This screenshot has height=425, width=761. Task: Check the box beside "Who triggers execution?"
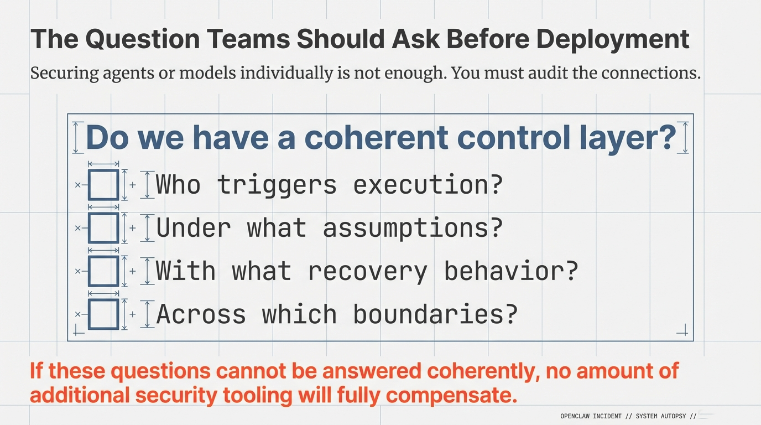tap(103, 185)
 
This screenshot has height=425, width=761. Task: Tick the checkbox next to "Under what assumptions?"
tap(103, 227)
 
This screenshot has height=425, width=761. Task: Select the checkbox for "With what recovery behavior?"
tap(103, 271)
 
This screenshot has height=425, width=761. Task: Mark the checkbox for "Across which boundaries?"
tap(103, 314)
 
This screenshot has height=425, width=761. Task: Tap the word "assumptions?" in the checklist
tap(413, 227)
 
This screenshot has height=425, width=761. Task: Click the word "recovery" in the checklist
tap(368, 271)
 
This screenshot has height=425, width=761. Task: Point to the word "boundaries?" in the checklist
tap(435, 314)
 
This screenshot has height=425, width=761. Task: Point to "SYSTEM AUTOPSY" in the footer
tap(661, 416)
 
